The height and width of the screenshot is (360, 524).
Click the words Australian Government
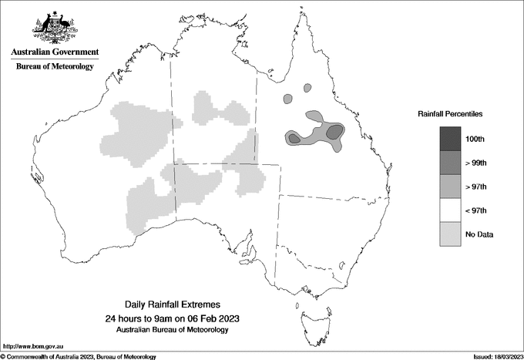(x=55, y=52)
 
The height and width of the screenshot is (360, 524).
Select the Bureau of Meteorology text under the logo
(x=55, y=67)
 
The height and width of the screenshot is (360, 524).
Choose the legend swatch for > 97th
(x=450, y=186)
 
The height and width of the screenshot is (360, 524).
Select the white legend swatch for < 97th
(x=450, y=210)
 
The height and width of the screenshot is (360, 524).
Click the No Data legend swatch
(x=450, y=234)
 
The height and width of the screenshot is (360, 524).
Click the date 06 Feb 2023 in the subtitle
(x=207, y=318)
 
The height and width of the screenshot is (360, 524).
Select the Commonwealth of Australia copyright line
(x=78, y=356)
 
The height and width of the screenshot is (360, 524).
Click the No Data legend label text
(x=479, y=234)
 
